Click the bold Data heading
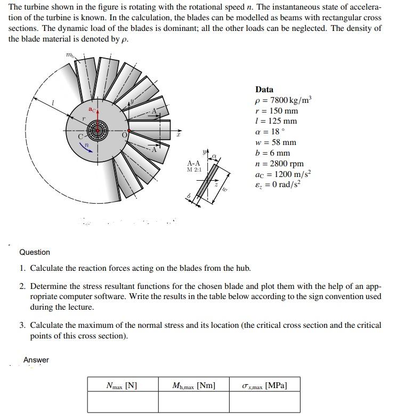point(264,90)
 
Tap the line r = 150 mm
point(277,111)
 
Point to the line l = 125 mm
point(276,121)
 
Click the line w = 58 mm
point(276,142)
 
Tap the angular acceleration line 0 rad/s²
point(280,185)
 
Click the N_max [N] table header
point(122,385)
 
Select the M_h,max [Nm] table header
point(194,385)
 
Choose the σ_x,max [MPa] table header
point(265,385)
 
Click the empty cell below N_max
point(122,402)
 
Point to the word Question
point(35,252)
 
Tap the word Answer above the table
point(36,360)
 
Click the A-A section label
point(194,164)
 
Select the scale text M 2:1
point(194,170)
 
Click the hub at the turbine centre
point(98,130)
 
